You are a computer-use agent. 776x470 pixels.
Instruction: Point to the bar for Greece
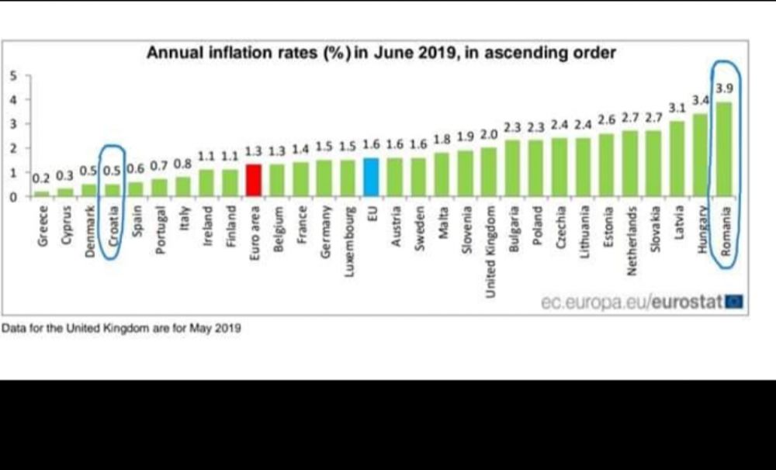coord(42,193)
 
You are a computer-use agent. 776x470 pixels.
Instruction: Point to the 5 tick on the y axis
coord(12,75)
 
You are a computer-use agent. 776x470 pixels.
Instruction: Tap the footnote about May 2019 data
coord(121,328)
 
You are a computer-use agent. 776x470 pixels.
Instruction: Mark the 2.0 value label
coord(489,134)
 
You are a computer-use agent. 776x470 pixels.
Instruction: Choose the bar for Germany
coord(324,178)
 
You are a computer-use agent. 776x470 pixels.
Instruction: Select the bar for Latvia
coord(677,158)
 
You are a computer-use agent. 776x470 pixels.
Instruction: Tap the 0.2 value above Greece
coord(40,178)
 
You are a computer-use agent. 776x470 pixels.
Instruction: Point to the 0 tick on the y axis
coord(12,196)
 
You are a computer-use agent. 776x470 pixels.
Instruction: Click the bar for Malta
coord(442,175)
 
